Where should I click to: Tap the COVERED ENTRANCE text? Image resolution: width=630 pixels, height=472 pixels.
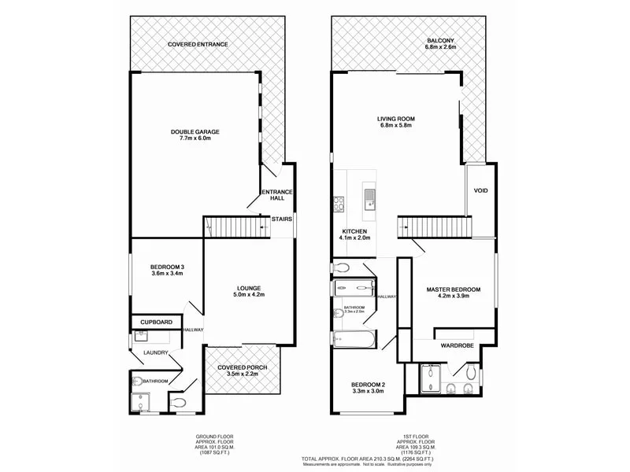coord(198,44)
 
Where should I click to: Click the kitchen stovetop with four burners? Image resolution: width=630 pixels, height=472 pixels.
coord(339,204)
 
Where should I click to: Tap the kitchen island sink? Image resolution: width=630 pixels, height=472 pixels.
coord(369,197)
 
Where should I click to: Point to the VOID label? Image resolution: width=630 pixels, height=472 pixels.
coord(480,191)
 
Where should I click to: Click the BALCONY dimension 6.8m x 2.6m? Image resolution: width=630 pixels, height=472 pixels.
coord(441,48)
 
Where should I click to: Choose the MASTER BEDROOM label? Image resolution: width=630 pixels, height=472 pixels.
coord(453,289)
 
